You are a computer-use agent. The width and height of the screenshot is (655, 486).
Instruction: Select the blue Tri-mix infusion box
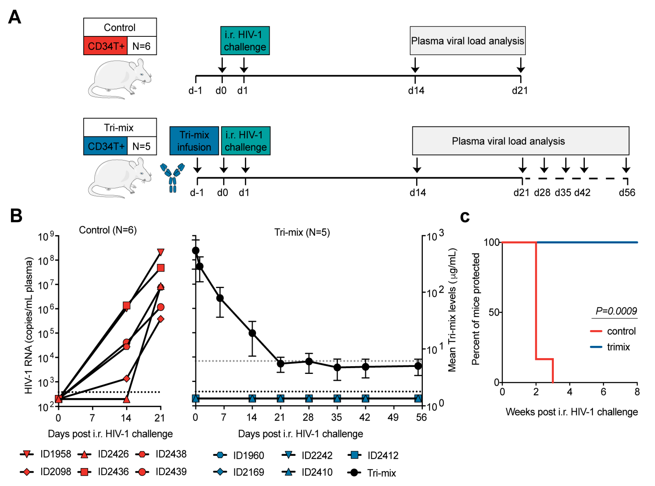tap(194, 141)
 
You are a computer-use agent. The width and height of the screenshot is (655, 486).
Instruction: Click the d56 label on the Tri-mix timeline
tap(627, 193)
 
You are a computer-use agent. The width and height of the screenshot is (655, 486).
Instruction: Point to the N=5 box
tap(142, 146)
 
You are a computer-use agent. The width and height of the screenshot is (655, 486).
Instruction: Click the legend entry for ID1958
tap(46, 454)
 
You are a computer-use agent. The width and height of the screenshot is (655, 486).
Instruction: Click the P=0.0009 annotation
tap(616, 311)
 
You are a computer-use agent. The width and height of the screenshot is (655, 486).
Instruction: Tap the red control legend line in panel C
tap(596, 331)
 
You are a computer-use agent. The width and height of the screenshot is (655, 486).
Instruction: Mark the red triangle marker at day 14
tap(126, 399)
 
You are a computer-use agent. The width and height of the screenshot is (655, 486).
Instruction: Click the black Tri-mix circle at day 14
tap(252, 333)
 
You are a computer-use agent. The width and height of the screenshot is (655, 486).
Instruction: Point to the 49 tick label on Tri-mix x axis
tap(393, 417)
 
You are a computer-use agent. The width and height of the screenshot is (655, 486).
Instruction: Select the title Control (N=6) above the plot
tap(108, 230)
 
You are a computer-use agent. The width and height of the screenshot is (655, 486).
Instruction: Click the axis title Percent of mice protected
tap(475, 309)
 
